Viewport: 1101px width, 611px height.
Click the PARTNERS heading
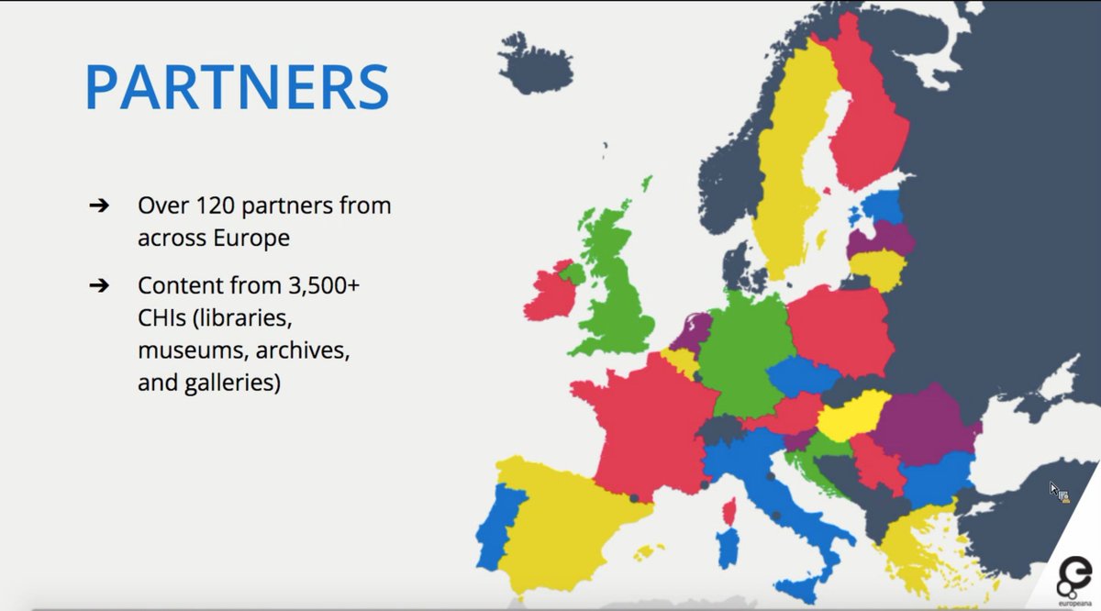[x=237, y=87]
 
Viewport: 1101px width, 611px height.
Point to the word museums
[x=182, y=350]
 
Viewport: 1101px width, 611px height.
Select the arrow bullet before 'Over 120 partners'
[x=99, y=206]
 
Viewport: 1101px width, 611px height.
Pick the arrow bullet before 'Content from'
[x=99, y=285]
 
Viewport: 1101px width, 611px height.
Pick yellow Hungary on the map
[x=851, y=417]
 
